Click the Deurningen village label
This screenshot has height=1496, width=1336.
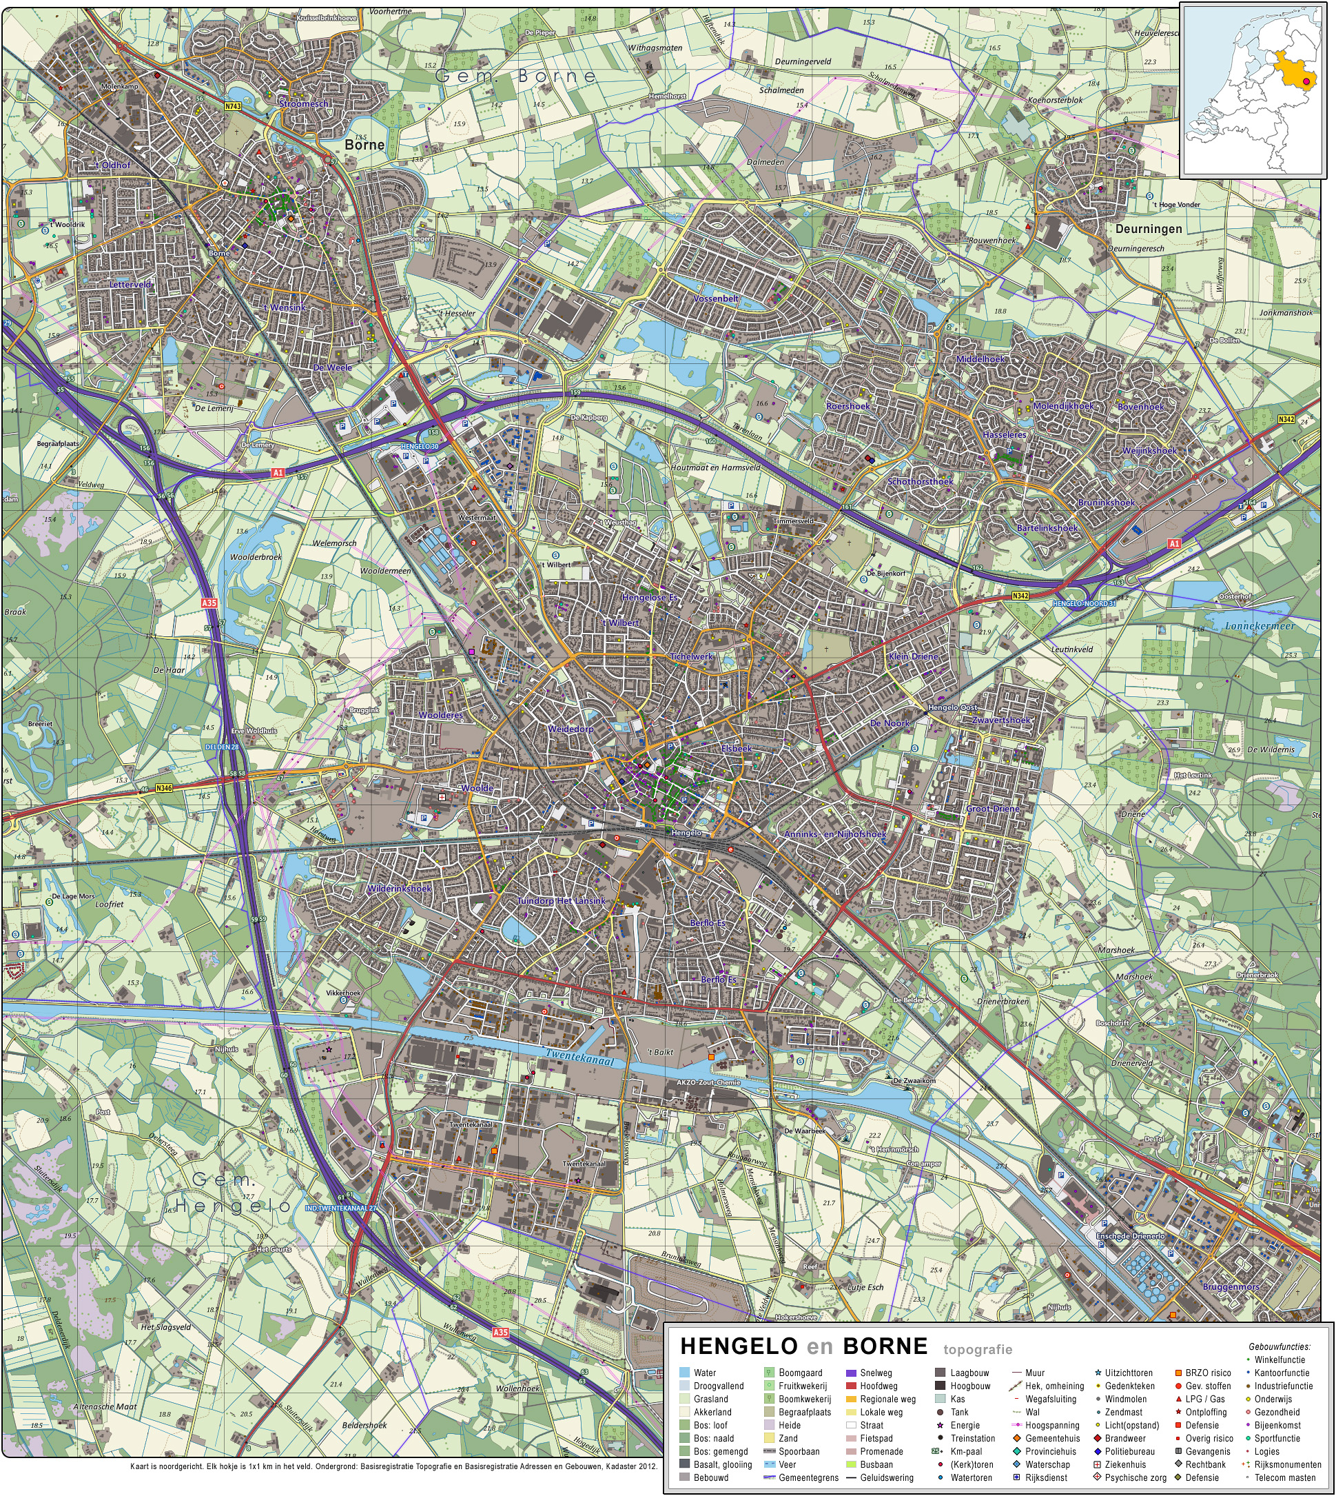click(x=1148, y=229)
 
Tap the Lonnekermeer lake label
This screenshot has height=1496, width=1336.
click(x=1260, y=626)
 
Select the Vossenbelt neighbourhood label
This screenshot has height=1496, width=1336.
click(x=716, y=299)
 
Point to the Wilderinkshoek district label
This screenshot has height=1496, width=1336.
click(x=400, y=889)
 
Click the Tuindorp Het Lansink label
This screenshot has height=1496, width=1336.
click(x=562, y=901)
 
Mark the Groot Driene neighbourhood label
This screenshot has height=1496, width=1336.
click(x=992, y=809)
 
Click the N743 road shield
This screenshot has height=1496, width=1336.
click(x=233, y=106)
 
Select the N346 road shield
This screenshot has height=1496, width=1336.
click(x=165, y=788)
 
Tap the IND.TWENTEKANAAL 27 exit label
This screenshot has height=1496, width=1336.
click(x=341, y=1208)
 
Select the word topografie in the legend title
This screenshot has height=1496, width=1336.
click(x=978, y=1349)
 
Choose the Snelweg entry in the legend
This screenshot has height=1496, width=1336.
click(x=876, y=1373)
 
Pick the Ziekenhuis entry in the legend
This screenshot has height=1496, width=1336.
click(x=1124, y=1464)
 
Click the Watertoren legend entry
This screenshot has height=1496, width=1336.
click(x=970, y=1477)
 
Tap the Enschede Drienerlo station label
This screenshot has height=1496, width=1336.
click(x=1130, y=1236)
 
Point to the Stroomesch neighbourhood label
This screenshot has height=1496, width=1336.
click(x=303, y=104)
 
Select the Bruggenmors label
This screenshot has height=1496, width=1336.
click(x=1231, y=1286)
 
